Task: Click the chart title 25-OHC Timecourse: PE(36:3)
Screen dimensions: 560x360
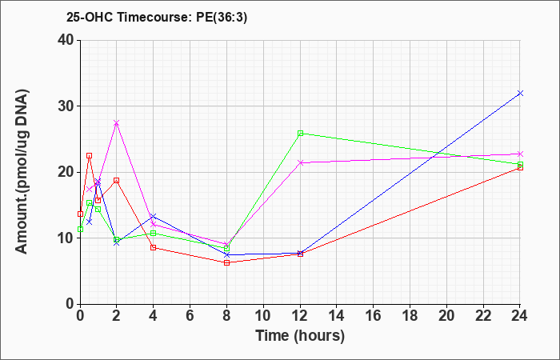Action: pos(157,18)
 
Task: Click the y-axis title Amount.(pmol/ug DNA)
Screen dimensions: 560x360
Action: pos(22,172)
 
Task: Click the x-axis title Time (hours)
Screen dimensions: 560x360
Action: pos(300,336)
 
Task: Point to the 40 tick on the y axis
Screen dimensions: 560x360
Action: pos(68,40)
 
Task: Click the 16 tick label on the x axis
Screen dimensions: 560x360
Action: pos(374,316)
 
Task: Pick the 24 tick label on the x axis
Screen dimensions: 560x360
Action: pos(520,316)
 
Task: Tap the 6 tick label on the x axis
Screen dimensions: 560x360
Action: pos(190,316)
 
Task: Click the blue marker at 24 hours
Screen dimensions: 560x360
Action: pos(520,94)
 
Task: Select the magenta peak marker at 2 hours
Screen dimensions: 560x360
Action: pos(117,123)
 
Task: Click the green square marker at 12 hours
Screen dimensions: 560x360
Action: pos(300,134)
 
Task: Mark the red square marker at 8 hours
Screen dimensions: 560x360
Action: pos(226,263)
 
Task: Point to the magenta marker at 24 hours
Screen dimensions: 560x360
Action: pos(520,154)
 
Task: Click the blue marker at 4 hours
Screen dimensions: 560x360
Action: pos(154,217)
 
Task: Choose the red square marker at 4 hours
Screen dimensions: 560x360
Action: pos(154,247)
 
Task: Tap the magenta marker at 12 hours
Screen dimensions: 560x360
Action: pos(300,162)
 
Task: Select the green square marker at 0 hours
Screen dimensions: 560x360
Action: pos(80,230)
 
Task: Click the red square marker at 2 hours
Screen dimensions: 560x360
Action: pos(117,180)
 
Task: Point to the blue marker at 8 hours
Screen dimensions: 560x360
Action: pos(226,254)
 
